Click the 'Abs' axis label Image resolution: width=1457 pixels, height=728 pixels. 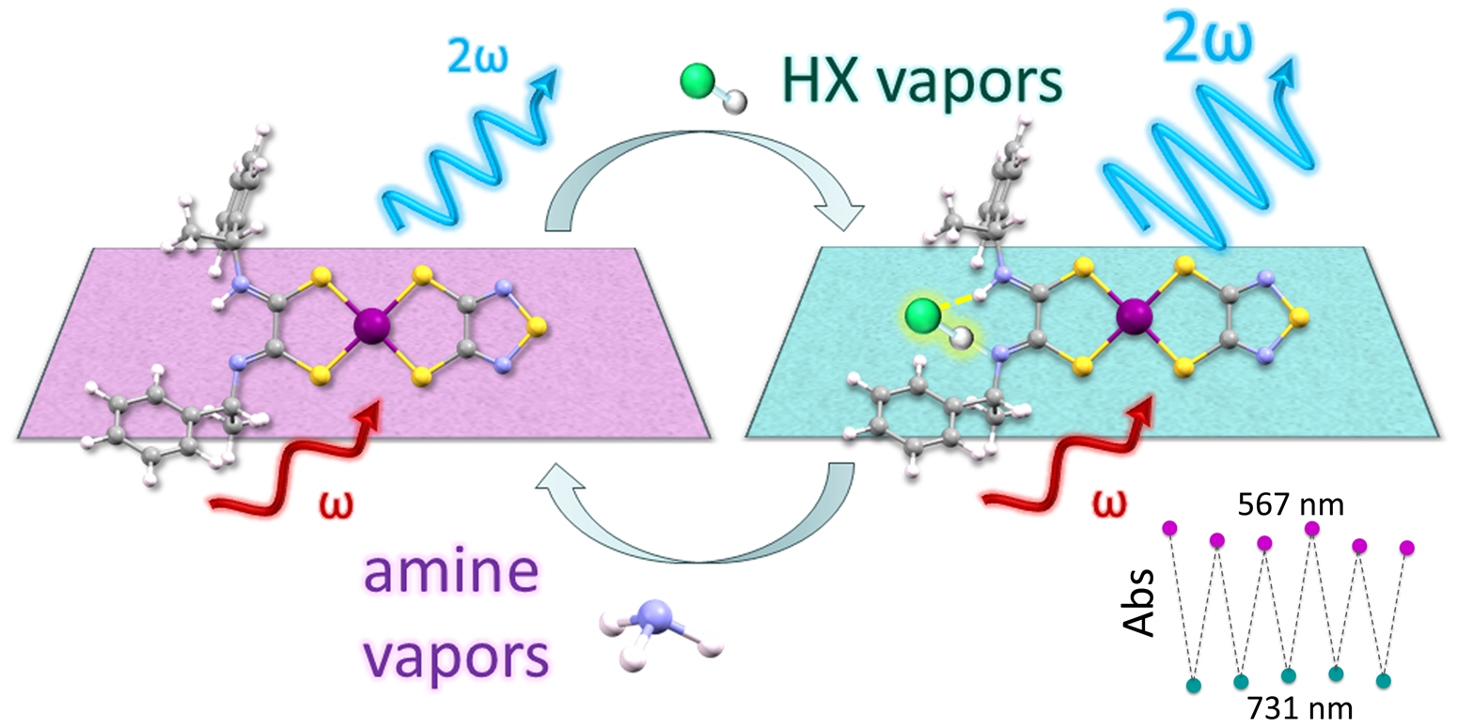tap(1140, 607)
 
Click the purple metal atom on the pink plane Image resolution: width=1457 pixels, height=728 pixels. tap(368, 327)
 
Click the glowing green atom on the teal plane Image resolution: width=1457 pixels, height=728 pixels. tap(920, 318)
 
